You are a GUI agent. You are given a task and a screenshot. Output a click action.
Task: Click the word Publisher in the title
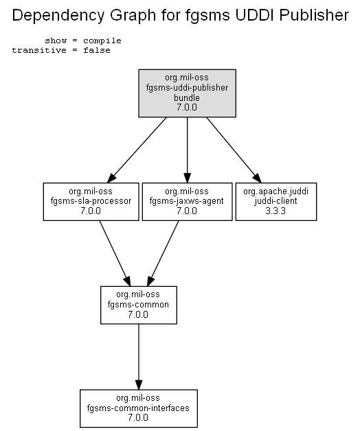point(314,15)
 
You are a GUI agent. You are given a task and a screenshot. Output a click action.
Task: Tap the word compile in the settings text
point(102,41)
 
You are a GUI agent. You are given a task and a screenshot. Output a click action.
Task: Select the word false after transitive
point(97,50)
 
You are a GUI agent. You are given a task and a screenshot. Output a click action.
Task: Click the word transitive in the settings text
point(39,50)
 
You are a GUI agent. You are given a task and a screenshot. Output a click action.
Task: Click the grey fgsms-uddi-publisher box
point(187,93)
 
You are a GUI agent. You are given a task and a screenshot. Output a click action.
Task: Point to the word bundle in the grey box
point(187,97)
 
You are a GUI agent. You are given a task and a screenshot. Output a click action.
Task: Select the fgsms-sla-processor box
point(91,202)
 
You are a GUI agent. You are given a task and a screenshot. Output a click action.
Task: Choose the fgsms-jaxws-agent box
point(187,202)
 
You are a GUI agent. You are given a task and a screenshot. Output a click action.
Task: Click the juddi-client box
point(276,202)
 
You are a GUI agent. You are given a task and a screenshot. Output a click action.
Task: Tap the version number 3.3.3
point(275,211)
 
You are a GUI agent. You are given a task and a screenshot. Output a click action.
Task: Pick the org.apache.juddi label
point(275,191)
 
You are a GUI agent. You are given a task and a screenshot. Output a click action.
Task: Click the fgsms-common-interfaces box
point(139,408)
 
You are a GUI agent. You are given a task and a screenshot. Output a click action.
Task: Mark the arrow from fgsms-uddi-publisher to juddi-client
point(234,150)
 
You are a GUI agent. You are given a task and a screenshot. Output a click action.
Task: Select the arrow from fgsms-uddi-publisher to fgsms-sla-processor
point(137,150)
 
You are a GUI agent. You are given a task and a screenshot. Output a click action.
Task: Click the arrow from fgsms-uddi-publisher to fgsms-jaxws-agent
point(187,150)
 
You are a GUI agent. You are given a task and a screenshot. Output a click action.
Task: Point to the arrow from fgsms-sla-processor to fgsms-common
point(115,253)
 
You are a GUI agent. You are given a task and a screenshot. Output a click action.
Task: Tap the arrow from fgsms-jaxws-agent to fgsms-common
point(163,253)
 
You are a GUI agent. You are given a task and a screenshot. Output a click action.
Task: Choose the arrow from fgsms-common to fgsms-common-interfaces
point(139,357)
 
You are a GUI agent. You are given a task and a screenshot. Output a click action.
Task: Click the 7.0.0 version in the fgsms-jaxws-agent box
point(187,211)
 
